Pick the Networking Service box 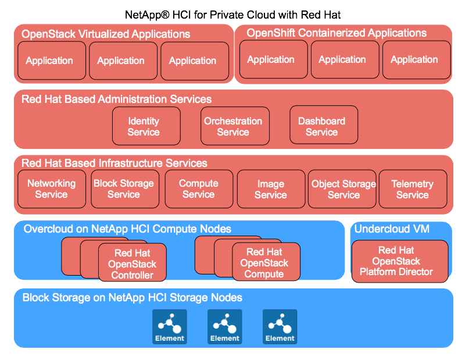[51, 189]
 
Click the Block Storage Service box [124, 189]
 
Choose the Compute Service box [199, 189]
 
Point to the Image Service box [271, 189]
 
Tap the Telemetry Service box [412, 189]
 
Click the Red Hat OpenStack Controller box [133, 263]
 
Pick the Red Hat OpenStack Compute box [266, 263]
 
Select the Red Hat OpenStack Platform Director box [400, 261]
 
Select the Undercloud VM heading [392, 229]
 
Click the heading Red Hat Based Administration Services [116, 99]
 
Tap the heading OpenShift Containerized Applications [336, 33]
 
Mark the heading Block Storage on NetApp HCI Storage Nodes [132, 298]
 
